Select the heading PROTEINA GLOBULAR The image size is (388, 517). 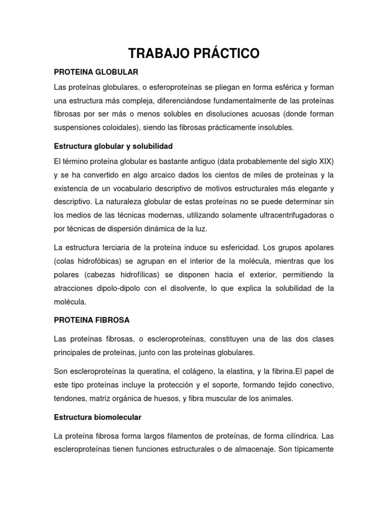96,72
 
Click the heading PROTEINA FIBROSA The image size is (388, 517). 92,320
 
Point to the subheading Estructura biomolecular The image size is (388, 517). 98,418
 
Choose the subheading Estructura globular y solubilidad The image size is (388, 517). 113,146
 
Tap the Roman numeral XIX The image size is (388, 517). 324,161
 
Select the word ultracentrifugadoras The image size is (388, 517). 287,215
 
